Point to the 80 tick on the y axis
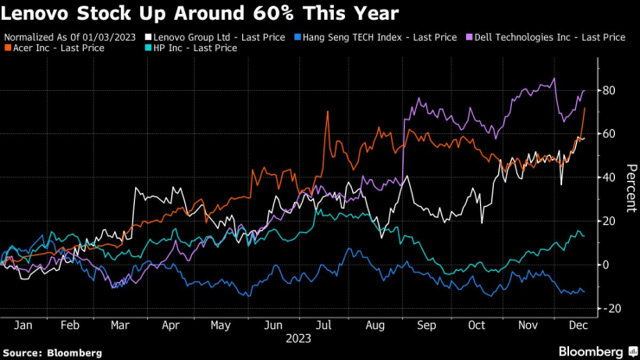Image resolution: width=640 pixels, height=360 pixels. click(x=609, y=90)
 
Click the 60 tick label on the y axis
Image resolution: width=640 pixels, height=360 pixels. click(x=609, y=134)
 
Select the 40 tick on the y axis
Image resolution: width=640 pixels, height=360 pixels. click(x=609, y=177)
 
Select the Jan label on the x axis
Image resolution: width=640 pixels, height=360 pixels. click(x=23, y=325)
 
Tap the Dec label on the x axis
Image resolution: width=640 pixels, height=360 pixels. click(x=578, y=325)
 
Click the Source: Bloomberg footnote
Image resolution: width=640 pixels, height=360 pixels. click(x=53, y=352)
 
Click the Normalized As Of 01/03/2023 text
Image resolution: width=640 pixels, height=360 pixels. click(x=71, y=37)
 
